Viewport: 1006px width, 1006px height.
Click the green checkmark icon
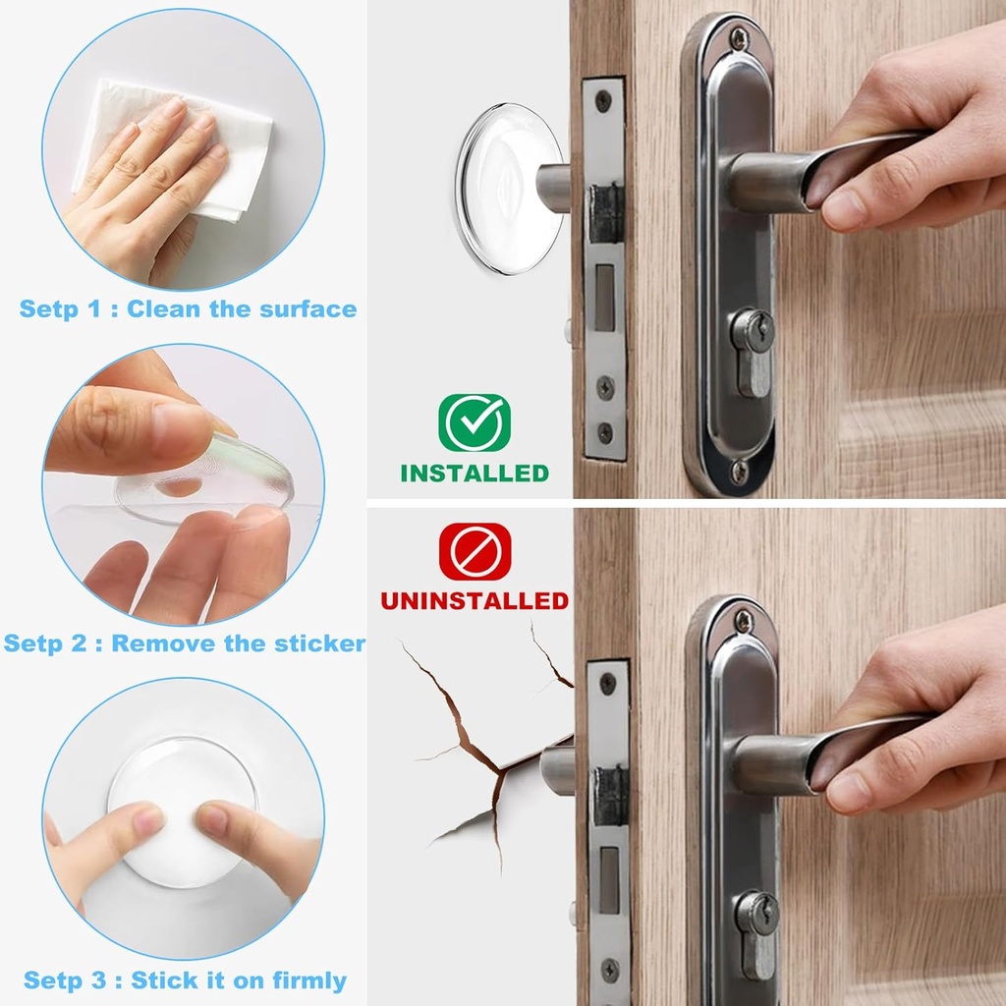(x=474, y=423)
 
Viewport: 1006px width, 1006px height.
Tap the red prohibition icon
(x=475, y=552)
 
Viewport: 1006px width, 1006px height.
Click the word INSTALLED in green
(x=474, y=473)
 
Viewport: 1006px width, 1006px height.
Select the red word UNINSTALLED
(x=475, y=600)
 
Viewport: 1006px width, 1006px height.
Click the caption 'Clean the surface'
(x=242, y=309)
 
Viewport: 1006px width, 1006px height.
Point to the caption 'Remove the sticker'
(x=238, y=644)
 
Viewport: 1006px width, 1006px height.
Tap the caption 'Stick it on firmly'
(x=239, y=980)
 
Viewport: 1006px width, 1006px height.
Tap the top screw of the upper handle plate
(x=739, y=38)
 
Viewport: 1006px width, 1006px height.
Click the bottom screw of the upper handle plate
(x=738, y=471)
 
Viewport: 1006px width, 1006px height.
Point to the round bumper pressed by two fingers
(x=182, y=815)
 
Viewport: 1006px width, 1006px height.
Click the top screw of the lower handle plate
(x=744, y=621)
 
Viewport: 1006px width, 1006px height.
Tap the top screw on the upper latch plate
(x=602, y=98)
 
